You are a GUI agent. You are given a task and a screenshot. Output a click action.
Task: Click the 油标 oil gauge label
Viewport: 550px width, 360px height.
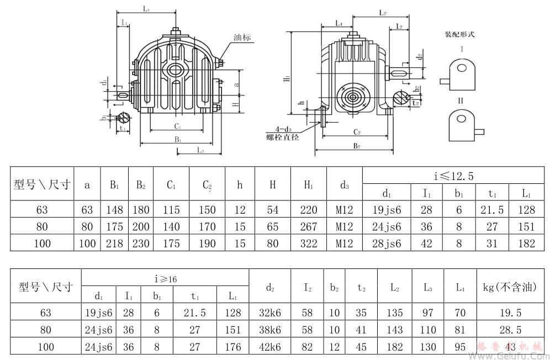tap(242, 38)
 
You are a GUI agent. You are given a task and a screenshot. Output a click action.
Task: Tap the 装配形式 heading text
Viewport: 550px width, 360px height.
tap(459, 34)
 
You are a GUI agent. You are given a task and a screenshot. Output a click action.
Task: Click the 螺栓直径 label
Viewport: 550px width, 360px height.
tap(282, 137)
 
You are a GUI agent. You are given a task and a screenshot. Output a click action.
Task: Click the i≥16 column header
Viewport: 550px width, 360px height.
tap(166, 279)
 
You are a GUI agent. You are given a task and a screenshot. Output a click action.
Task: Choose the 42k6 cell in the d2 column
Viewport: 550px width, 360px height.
tap(270, 346)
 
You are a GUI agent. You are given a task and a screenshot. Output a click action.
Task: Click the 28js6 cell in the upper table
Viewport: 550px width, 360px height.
tap(387, 243)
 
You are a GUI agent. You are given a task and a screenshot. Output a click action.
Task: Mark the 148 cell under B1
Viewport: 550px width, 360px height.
tap(114, 210)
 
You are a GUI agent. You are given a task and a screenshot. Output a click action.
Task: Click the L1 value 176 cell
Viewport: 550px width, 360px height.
tap(233, 346)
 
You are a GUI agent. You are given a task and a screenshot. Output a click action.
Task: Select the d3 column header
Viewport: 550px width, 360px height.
tap(344, 185)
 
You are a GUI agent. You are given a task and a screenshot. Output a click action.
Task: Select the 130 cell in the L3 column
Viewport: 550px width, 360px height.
tap(428, 346)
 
